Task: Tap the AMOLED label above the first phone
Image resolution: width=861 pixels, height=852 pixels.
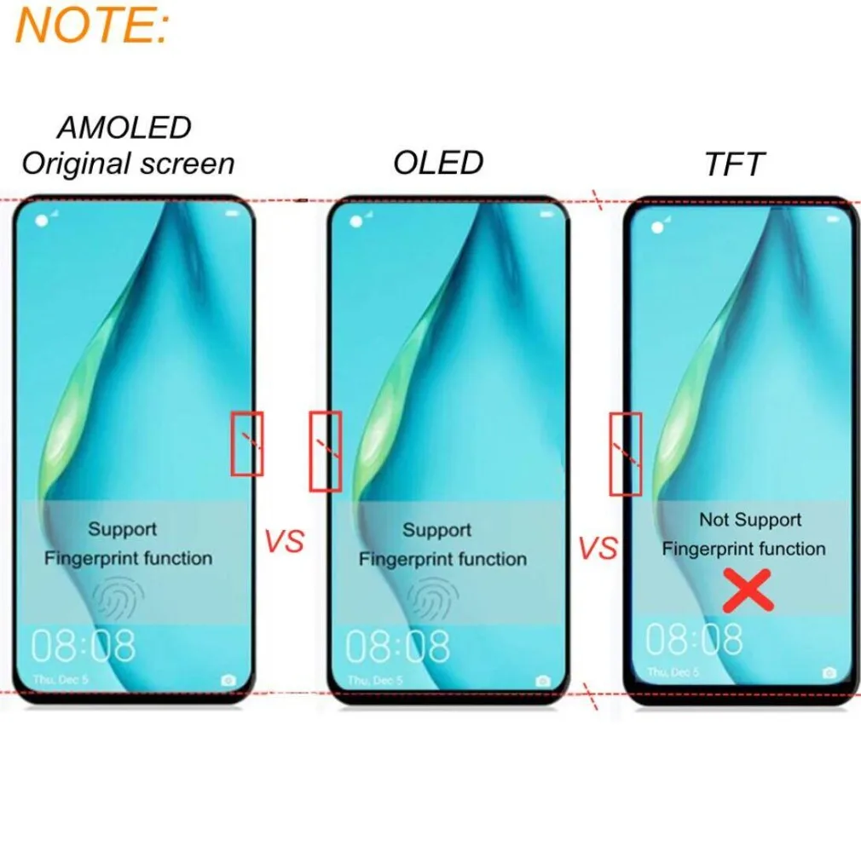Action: tap(124, 128)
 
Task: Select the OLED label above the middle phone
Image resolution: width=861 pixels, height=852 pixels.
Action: tap(438, 162)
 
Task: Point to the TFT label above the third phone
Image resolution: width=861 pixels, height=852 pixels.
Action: tap(732, 165)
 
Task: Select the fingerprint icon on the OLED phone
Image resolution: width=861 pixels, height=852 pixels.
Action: tap(433, 600)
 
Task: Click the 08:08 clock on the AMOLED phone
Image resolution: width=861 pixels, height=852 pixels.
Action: tap(84, 647)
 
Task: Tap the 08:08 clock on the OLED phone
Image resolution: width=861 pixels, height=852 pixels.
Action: tap(397, 648)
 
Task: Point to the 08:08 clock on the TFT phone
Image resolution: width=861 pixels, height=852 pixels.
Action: tap(694, 639)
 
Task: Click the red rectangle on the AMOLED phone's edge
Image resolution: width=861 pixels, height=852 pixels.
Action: tap(247, 443)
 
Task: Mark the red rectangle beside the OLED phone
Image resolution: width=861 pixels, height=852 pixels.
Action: tap(325, 452)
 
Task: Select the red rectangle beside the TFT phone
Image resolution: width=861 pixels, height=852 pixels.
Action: tap(626, 453)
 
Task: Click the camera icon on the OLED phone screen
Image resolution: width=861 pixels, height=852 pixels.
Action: tap(543, 680)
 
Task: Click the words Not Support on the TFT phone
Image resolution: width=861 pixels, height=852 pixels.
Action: tap(750, 520)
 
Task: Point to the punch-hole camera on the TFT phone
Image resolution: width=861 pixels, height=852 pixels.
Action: tap(657, 228)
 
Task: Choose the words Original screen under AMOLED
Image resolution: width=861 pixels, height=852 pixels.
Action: tap(128, 164)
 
